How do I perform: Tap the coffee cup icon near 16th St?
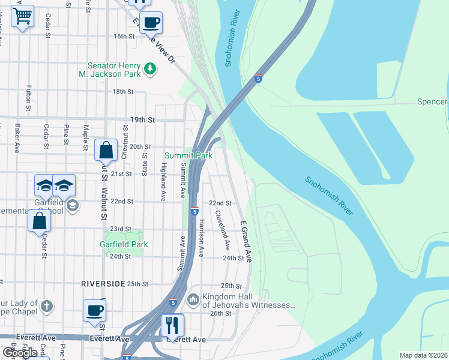coord(151,22)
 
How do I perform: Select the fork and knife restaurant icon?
coord(172,325)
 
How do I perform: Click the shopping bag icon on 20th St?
coord(106,149)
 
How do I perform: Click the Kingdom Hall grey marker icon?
coord(193,299)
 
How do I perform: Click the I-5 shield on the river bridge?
coord(258,79)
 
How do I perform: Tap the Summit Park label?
coord(188,156)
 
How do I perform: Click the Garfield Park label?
coord(124,244)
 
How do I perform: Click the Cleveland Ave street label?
coord(223,230)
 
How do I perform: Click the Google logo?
coord(20,352)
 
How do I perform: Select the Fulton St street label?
coord(28,98)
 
